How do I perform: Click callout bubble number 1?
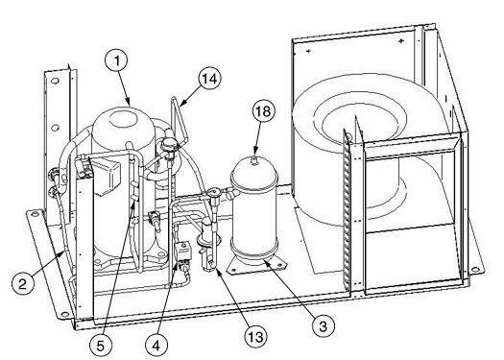point(116,60)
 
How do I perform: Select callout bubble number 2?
point(22,284)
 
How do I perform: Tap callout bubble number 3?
point(323,326)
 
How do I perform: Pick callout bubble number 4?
point(156,346)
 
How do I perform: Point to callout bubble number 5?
point(101,346)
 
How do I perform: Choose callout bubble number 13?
point(256,337)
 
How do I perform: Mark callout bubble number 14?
point(210,78)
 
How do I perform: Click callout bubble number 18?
point(264,111)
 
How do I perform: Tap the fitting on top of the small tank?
point(254,159)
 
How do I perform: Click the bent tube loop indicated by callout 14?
point(178,118)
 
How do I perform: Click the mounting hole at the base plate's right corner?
point(473,270)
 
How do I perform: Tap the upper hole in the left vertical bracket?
point(55,81)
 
